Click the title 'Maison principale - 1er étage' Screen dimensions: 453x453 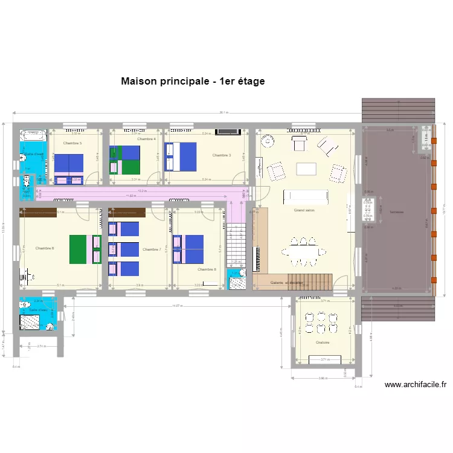(193, 81)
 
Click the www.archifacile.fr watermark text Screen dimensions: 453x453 (416, 384)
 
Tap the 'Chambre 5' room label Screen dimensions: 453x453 (72, 143)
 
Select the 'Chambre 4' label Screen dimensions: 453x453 (146, 140)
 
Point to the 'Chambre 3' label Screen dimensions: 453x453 (221, 155)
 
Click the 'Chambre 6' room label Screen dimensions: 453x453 (45, 248)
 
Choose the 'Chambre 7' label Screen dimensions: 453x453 (152, 249)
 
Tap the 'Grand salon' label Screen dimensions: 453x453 (303, 210)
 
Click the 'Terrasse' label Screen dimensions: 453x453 (396, 212)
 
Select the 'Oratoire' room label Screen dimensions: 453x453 (322, 342)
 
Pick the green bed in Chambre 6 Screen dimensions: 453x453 (79, 249)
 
